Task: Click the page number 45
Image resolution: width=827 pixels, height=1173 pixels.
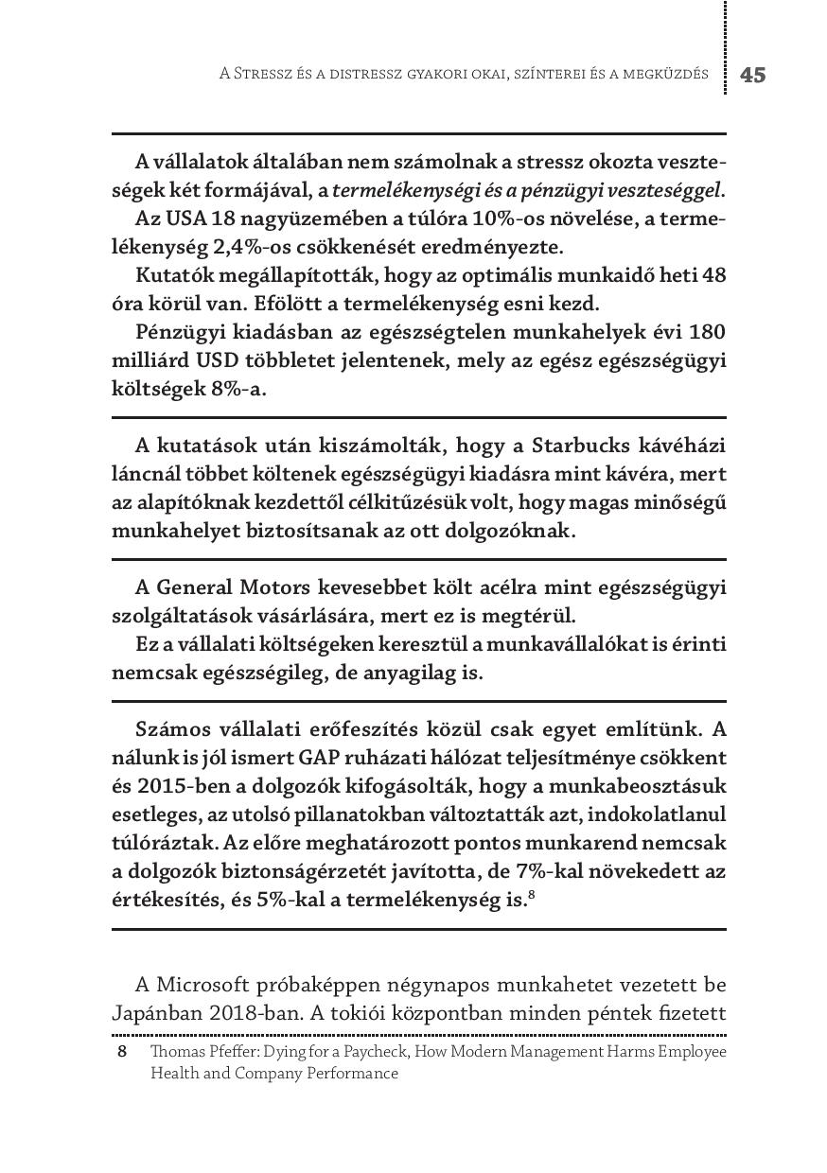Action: tap(752, 76)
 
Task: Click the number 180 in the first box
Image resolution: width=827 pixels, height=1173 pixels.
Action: tap(706, 333)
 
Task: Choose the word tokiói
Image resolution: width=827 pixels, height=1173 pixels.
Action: tap(355, 1014)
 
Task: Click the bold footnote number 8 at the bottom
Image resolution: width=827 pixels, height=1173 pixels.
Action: tap(121, 1052)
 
